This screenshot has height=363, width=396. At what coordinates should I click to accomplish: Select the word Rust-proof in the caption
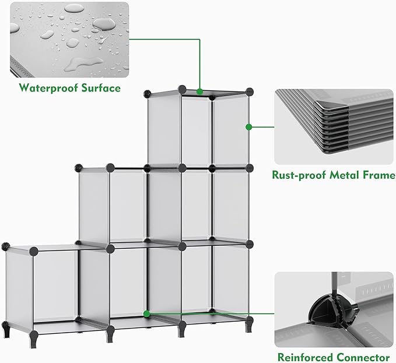click(x=300, y=175)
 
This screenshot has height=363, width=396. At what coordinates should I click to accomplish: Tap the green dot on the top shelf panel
click(x=200, y=91)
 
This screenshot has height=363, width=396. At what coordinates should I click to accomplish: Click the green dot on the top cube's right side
click(x=248, y=126)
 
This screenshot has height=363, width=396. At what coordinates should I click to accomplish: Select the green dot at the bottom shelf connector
click(x=147, y=313)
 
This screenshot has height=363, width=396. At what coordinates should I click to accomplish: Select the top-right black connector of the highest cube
click(x=250, y=91)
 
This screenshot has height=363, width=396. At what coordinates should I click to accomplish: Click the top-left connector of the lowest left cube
click(x=8, y=247)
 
